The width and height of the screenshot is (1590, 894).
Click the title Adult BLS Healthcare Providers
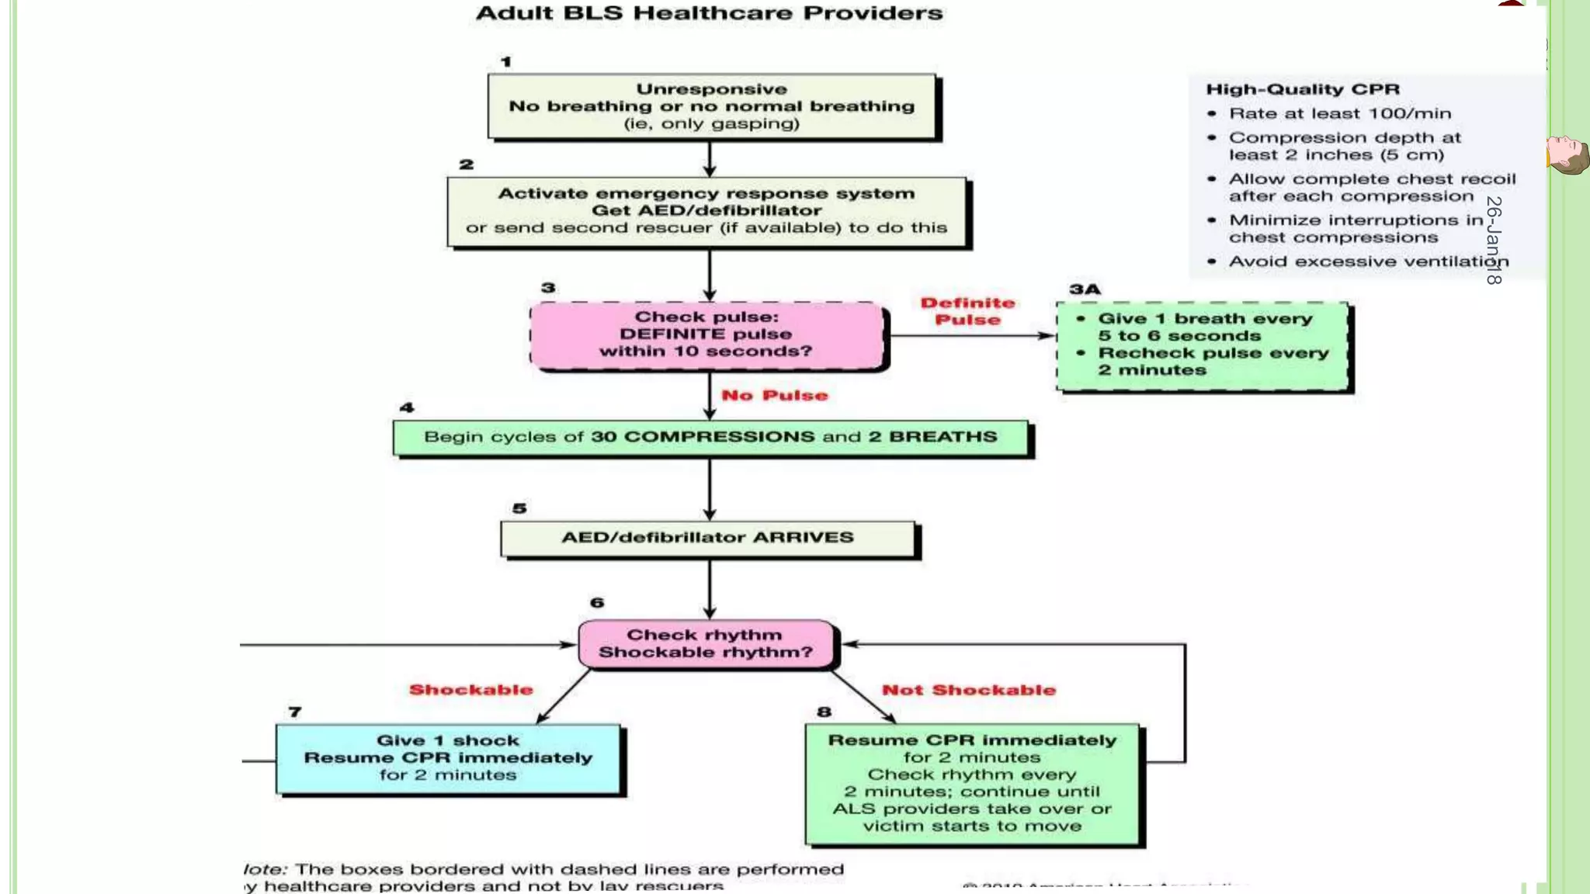click(x=709, y=13)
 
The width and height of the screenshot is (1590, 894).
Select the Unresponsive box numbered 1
click(x=711, y=106)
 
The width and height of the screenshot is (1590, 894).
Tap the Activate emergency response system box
click(x=707, y=211)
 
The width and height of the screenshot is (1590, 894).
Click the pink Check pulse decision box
click(x=706, y=334)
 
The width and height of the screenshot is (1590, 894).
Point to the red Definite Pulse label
click(x=967, y=311)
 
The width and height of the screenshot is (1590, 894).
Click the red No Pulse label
click(x=774, y=396)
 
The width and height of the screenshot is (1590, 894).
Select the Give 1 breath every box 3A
click(x=1203, y=345)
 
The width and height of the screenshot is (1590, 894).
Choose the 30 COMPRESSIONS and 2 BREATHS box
click(x=710, y=437)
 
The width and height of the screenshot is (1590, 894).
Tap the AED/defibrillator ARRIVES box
click(x=707, y=538)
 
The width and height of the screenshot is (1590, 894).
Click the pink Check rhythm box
click(x=706, y=643)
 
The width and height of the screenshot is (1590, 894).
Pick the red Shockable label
click(x=470, y=690)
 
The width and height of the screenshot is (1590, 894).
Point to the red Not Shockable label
click(x=968, y=690)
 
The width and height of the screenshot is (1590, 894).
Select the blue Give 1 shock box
click(x=448, y=758)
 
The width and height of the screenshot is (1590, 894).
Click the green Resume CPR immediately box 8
click(x=972, y=783)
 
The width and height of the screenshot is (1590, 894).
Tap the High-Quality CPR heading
click(x=1302, y=89)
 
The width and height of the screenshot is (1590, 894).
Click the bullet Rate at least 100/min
click(x=1339, y=113)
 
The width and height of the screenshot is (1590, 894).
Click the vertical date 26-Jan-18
click(x=1494, y=240)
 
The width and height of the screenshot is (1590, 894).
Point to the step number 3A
click(x=1085, y=289)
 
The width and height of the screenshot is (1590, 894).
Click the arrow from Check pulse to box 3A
click(x=970, y=336)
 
